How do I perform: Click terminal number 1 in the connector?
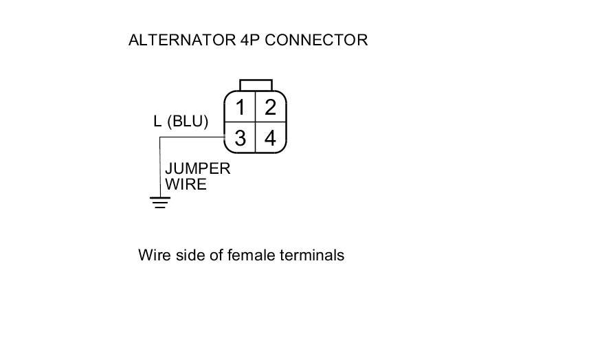(241, 108)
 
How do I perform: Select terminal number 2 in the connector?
(270, 108)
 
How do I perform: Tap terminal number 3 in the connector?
(241, 138)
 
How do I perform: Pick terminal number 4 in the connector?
(270, 138)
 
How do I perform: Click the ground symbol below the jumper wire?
(160, 202)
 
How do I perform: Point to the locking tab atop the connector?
(256, 85)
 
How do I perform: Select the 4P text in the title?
(250, 40)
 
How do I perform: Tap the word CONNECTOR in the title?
(316, 40)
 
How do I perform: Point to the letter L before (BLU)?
(157, 122)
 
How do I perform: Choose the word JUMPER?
(197, 169)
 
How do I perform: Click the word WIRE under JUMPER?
(186, 184)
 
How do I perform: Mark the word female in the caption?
(255, 256)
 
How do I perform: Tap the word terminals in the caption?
(313, 256)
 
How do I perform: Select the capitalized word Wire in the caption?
(153, 256)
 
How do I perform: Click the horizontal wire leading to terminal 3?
(192, 137)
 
